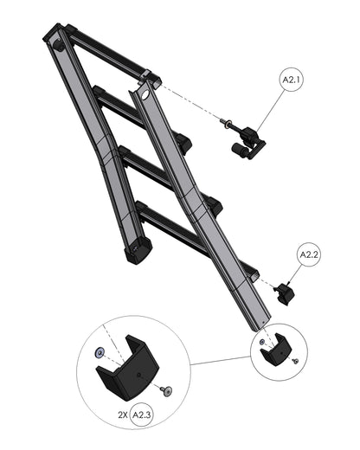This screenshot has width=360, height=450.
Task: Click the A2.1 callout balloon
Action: coord(292,80)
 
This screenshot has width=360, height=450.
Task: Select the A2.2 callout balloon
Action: coord(310,255)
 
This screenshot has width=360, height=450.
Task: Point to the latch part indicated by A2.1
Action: coord(245,140)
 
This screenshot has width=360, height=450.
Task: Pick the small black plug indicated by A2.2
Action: coord(284,292)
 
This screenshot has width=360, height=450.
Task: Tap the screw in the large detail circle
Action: coord(167,391)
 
